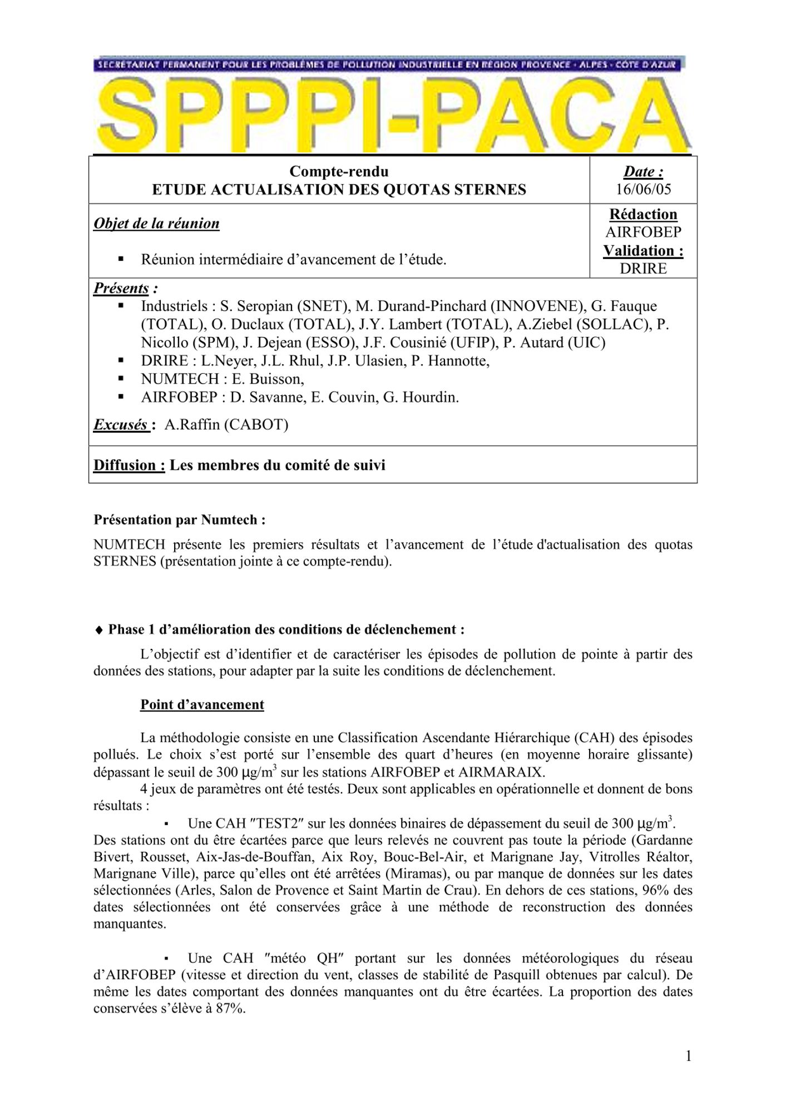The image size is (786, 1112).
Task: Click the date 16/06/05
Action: (643, 189)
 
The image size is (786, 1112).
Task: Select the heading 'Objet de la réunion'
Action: (156, 224)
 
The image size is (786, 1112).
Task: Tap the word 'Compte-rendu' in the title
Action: (339, 171)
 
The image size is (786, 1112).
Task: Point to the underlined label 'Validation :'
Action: (643, 251)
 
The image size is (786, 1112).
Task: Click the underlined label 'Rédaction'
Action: (643, 215)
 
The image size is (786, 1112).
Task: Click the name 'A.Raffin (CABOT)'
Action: (226, 425)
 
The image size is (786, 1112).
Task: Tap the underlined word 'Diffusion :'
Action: (129, 465)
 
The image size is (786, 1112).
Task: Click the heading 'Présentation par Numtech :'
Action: (179, 520)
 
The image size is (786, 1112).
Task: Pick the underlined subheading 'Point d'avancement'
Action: (202, 704)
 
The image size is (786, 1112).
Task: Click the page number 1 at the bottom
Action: (689, 1056)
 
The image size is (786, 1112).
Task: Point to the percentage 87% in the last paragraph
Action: (231, 1009)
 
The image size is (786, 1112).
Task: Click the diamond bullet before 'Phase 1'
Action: (99, 630)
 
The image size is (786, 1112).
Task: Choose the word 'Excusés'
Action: (120, 425)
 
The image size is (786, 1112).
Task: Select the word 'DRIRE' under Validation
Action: (643, 269)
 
